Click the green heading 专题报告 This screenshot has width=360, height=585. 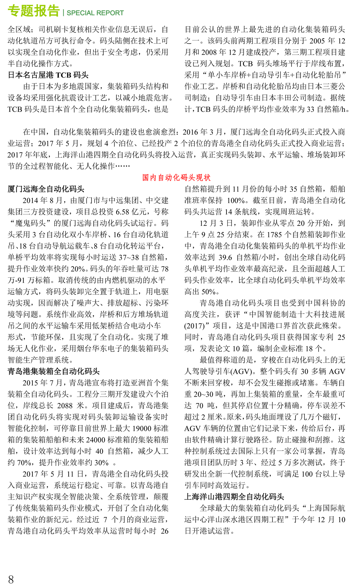point(34,11)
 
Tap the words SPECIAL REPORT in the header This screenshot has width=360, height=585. point(95,13)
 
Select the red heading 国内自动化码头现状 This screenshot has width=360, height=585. point(176,178)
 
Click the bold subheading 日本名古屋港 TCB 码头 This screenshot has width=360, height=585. point(48,75)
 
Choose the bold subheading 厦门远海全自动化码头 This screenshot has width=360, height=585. point(46,189)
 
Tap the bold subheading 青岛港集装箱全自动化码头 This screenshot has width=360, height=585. point(54,372)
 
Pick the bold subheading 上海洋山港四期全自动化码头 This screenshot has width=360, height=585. point(234,497)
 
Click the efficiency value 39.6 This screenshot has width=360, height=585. point(225,257)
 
